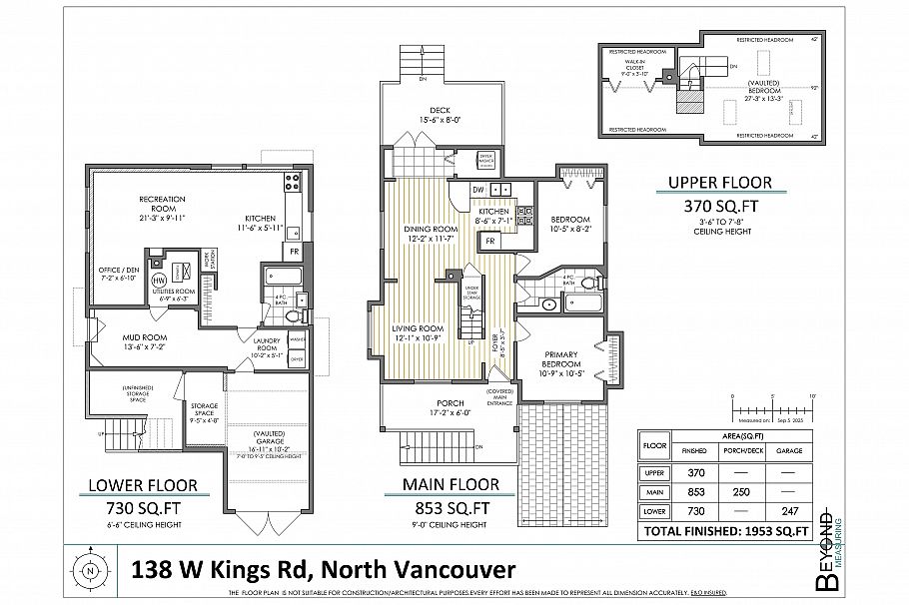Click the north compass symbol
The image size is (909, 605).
click(x=91, y=571)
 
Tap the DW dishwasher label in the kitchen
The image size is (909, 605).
click(x=477, y=189)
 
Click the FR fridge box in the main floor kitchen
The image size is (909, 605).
click(x=490, y=241)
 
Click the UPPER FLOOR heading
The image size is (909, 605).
click(x=720, y=183)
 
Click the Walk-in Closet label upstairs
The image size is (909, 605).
click(x=636, y=68)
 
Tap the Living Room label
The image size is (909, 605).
click(x=419, y=333)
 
